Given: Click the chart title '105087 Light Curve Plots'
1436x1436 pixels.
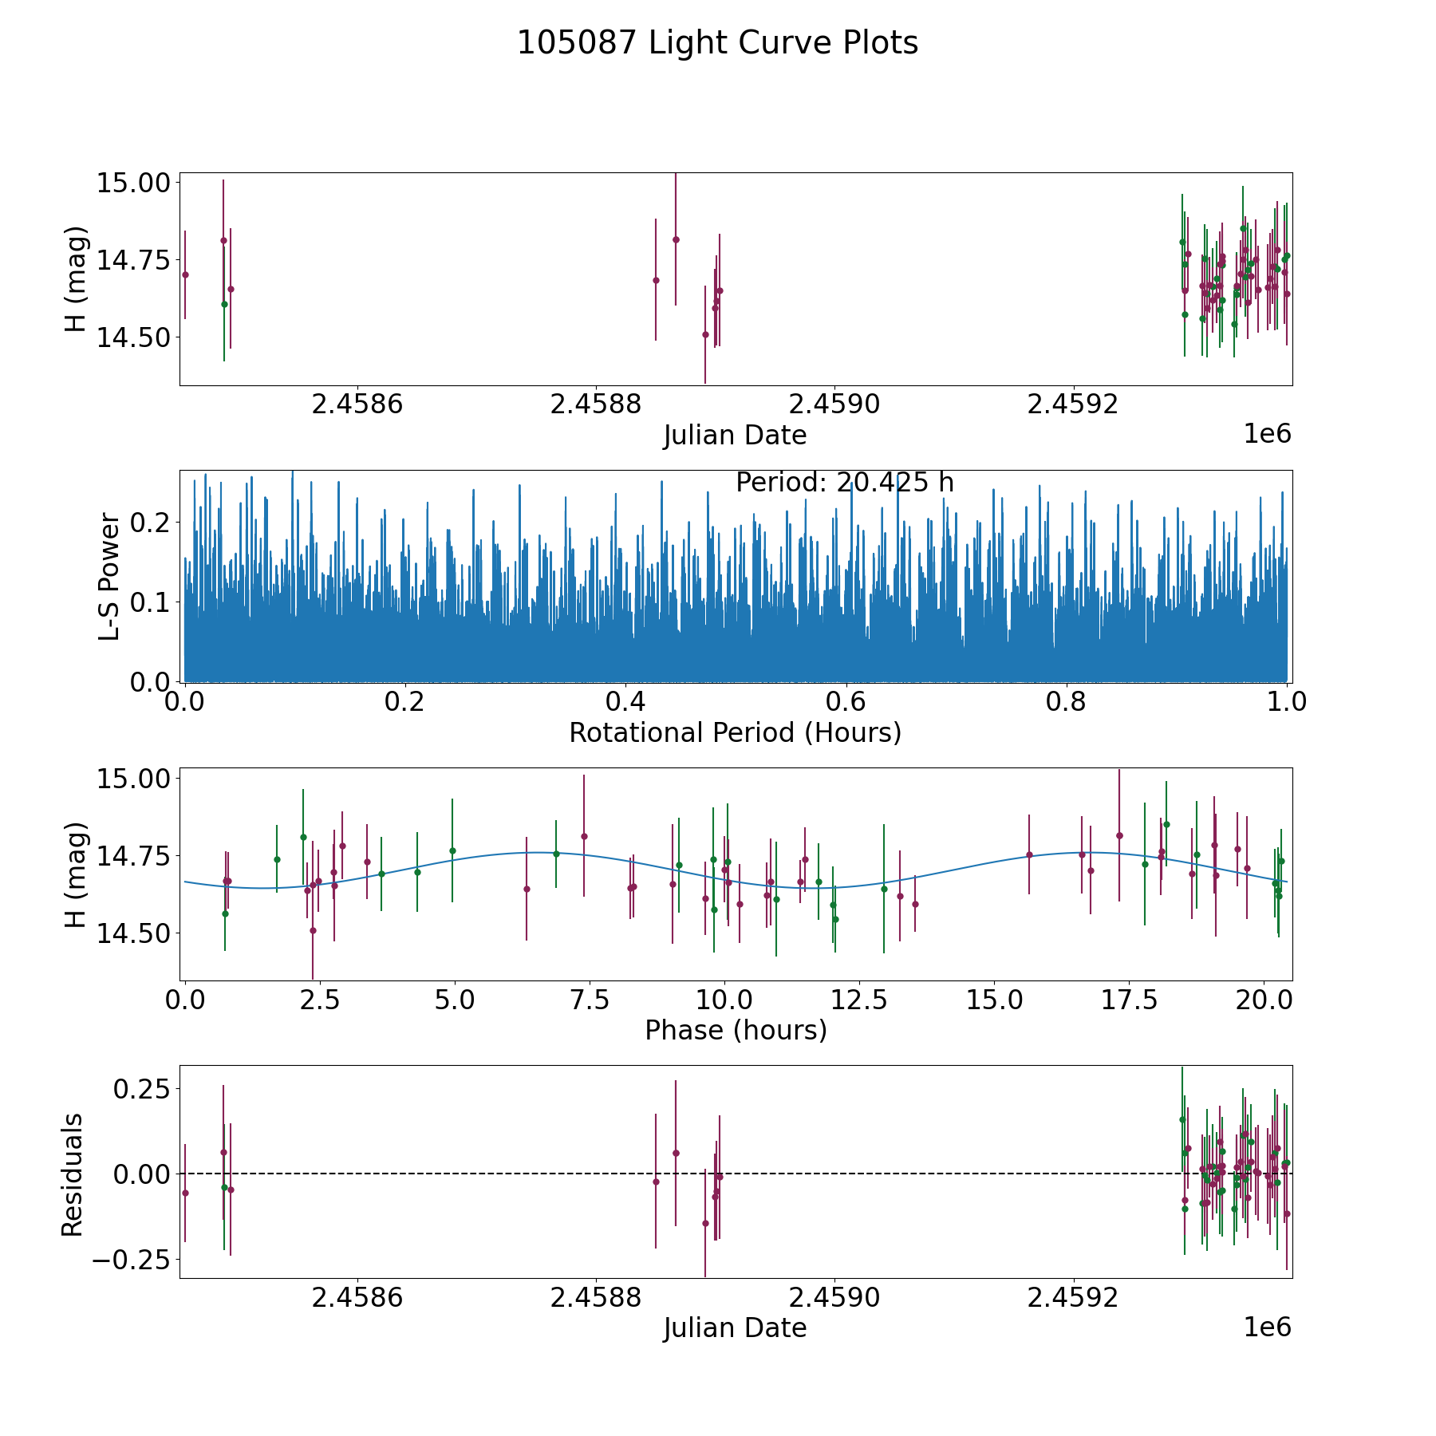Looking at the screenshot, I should click(717, 43).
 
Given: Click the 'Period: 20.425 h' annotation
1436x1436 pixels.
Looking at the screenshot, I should click(844, 483).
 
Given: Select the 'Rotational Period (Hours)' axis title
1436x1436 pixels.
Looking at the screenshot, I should click(735, 732).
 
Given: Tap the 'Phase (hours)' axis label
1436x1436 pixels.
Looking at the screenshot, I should click(735, 1031).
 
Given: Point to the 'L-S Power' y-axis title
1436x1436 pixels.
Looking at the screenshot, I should click(110, 576).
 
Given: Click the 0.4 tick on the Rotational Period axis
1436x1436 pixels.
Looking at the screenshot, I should click(625, 703).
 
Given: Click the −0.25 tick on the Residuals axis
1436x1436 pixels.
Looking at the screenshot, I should click(129, 1260).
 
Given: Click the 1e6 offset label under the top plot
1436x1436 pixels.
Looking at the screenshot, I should click(1267, 434).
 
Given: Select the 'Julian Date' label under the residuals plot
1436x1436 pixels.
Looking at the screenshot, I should click(735, 1328).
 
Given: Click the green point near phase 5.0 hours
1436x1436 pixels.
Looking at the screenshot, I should click(452, 850).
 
